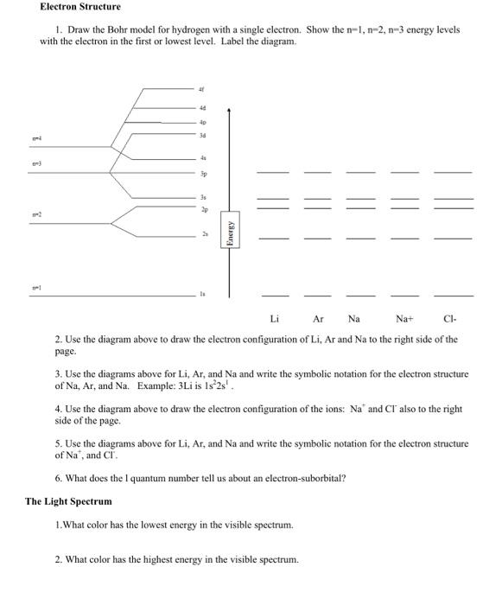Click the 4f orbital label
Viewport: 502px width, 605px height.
202,89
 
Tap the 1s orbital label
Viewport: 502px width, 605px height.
202,295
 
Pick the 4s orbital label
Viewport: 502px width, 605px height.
202,157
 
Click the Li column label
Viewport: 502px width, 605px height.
274,319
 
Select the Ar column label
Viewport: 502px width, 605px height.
317,319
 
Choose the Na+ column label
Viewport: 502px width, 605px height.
404,319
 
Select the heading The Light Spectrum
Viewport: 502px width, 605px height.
68,501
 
